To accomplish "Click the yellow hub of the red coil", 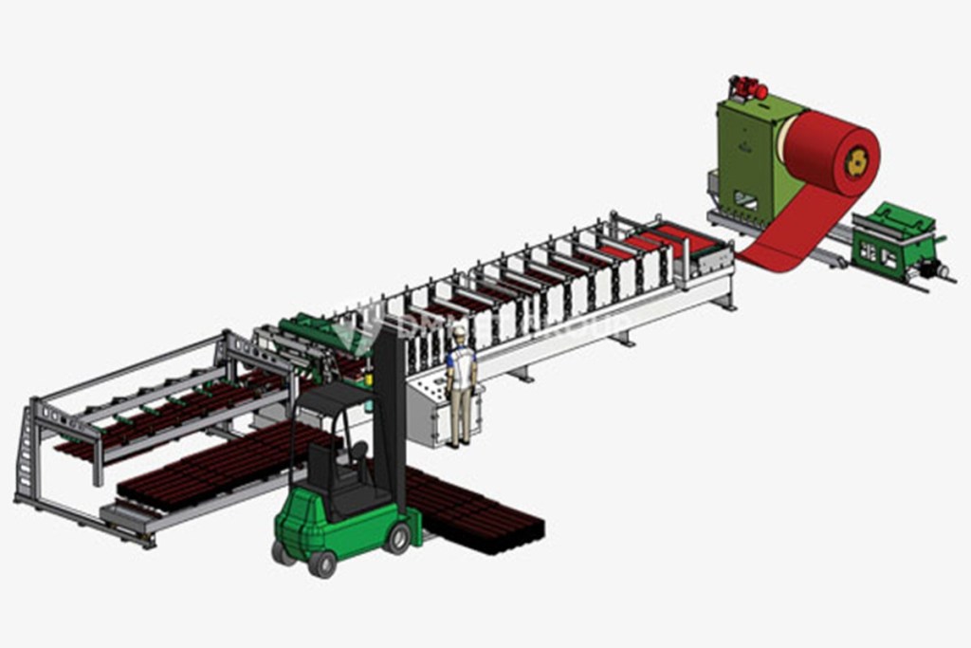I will click(x=857, y=162).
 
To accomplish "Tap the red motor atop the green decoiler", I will click(x=748, y=88).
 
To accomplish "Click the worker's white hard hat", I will click(x=460, y=332).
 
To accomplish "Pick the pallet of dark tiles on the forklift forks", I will click(x=474, y=512).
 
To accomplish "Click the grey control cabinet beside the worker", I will click(x=427, y=408).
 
